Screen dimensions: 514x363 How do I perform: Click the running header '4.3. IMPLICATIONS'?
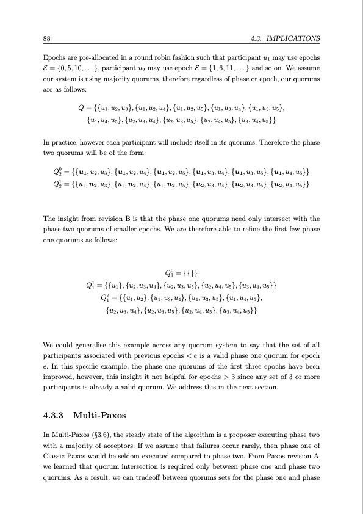(x=285, y=38)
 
